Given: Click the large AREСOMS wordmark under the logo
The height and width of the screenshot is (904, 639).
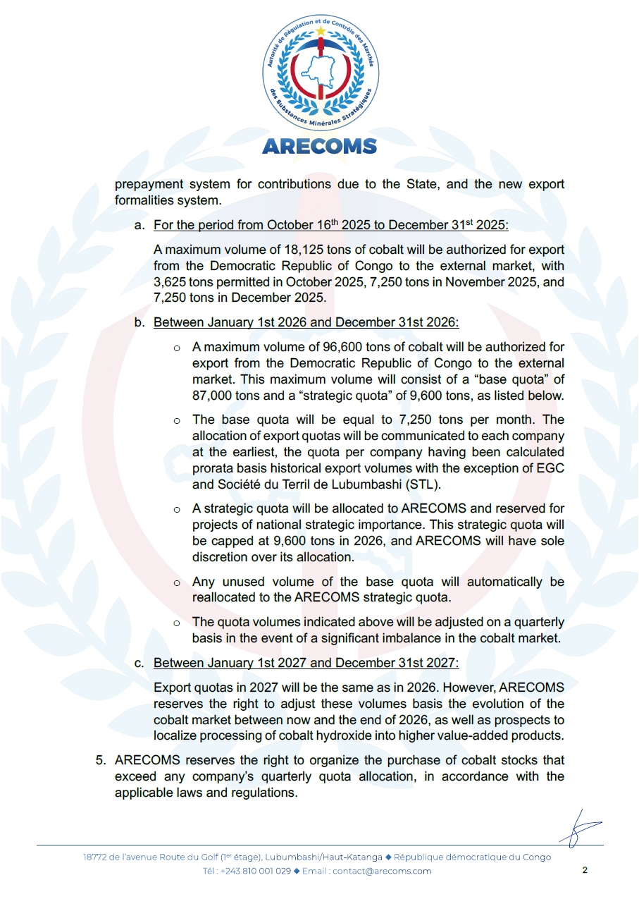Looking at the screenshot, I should (x=319, y=146).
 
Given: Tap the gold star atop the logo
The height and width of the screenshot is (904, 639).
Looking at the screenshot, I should (x=321, y=31).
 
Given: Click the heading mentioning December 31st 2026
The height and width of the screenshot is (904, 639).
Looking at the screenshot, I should (x=306, y=322).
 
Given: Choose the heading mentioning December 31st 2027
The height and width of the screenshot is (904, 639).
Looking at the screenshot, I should (x=306, y=663).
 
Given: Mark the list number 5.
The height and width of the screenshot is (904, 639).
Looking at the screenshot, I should (x=101, y=761).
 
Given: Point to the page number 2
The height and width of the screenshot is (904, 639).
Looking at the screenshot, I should (x=585, y=870).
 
